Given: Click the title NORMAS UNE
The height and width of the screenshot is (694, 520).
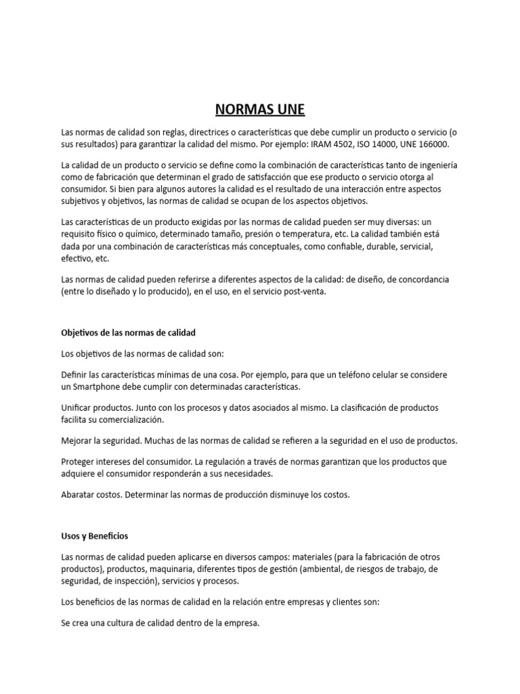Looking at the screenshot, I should point(260,109).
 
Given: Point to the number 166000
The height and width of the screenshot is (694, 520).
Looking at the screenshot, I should point(433,144).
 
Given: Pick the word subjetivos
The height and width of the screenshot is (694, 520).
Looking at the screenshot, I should point(83,201).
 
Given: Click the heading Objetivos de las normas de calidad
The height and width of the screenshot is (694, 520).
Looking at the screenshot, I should point(128,333).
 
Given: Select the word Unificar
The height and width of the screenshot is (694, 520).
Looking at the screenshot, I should point(77,408).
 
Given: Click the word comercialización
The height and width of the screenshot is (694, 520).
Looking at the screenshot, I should point(128,420).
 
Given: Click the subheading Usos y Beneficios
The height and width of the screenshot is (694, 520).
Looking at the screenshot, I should point(94,535).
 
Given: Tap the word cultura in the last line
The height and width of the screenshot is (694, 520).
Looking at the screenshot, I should point(117,622).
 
